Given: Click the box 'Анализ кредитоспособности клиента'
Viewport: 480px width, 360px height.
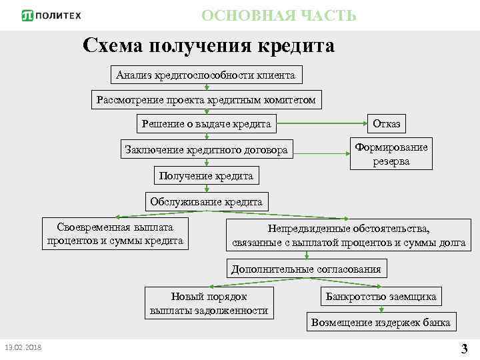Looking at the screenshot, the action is (205, 75).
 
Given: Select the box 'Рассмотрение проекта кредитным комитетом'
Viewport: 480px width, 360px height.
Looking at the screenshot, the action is (206, 100).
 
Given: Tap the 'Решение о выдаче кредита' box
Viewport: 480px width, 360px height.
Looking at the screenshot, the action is (206, 124).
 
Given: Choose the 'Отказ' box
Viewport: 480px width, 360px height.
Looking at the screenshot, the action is (387, 124).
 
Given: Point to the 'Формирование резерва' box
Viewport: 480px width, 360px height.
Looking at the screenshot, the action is (391, 154).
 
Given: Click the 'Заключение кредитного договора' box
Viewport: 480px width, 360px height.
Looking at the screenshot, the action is (206, 150).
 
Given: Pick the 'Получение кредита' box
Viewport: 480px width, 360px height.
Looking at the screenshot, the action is (206, 176).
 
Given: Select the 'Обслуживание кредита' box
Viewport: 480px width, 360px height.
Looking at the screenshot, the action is (206, 201).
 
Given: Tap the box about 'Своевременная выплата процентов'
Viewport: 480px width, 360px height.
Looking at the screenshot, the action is (115, 234).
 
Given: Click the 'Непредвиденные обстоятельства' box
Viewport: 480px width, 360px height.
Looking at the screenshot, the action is (349, 235).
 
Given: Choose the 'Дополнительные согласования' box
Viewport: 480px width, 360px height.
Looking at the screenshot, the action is (306, 269).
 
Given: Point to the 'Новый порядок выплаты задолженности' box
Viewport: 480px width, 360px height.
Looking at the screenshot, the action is (209, 303).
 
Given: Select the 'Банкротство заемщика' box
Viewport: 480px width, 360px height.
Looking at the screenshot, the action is (381, 296).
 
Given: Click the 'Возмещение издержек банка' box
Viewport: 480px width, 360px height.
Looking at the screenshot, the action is (381, 323).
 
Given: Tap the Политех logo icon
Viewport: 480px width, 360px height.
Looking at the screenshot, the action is (28, 15).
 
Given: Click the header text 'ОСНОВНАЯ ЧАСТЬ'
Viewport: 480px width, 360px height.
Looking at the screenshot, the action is (279, 15).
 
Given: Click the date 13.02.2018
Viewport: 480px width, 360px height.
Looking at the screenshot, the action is (23, 347).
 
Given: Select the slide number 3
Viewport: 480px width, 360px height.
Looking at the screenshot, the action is (464, 347).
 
